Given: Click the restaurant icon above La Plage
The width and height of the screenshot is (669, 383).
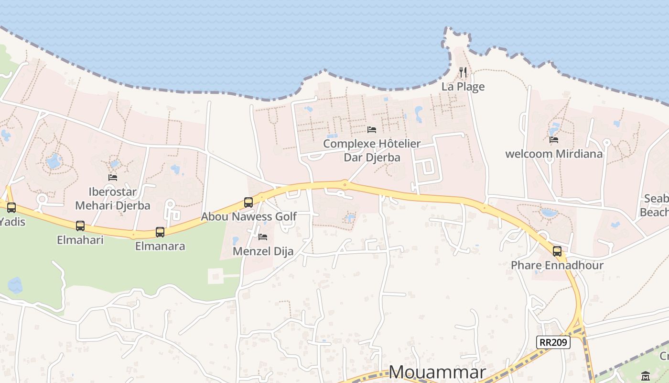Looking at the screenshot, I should point(463,72).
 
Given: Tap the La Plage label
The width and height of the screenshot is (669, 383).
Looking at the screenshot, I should point(463,87).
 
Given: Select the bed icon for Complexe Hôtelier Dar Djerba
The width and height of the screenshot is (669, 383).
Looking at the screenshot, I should point(372,129).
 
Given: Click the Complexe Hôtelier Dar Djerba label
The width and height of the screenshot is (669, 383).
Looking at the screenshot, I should point(372,150).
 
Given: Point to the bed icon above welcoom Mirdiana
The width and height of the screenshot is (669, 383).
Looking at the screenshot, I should point(554,140).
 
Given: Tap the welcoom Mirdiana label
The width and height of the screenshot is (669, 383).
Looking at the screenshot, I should point(554,154).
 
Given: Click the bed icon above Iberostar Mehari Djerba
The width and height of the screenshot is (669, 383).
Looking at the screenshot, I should point(113,177).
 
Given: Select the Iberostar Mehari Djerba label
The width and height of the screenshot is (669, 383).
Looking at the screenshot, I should point(113,199).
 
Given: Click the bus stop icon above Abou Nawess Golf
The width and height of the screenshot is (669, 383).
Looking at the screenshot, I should point(248,202).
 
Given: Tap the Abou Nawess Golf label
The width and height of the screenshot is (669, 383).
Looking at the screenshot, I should point(248,216).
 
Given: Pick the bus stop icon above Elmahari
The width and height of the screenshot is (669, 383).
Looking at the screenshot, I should point(80,225).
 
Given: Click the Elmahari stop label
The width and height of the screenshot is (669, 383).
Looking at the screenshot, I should point(80,240).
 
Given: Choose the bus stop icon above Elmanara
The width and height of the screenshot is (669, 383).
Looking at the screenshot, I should point(160,232).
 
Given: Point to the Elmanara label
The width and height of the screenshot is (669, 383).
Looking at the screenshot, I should point(160,247).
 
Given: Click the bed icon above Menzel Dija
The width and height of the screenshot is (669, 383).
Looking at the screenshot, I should point(263,237).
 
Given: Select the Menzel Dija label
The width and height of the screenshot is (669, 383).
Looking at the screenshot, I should point(263,251).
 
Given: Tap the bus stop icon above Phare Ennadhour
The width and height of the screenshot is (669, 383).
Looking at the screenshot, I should point(557,251).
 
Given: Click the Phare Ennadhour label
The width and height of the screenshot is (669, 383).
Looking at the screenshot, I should point(557,265).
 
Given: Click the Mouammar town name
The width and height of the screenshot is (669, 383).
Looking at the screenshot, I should point(437,372).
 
